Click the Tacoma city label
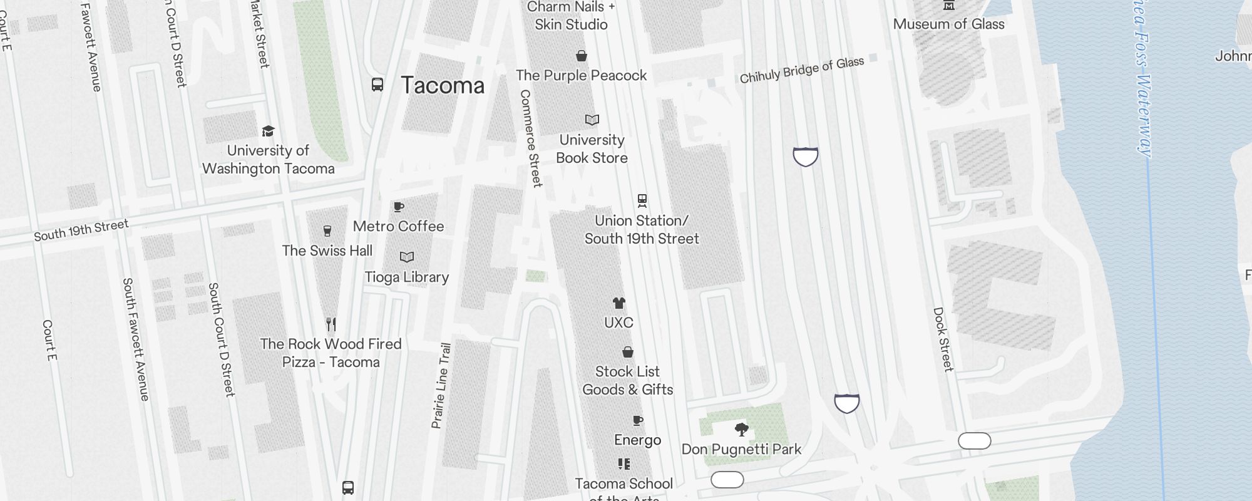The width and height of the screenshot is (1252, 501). tap(443, 86)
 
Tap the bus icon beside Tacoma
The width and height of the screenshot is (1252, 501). tap(377, 85)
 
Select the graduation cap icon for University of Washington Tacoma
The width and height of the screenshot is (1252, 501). tap(268, 131)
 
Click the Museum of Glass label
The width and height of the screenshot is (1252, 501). tap(948, 24)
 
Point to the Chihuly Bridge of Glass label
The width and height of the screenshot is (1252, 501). tap(801, 70)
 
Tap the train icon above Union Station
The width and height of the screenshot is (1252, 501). tap(642, 200)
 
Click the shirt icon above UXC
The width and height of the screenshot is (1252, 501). tap(618, 304)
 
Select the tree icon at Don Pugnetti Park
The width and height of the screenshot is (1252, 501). tap(741, 430)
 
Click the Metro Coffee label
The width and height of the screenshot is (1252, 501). tap(398, 226)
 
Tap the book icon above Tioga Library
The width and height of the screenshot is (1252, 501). tap(407, 257)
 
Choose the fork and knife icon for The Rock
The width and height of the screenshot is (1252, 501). tap(331, 324)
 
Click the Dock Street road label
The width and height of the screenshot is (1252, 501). tap(943, 339)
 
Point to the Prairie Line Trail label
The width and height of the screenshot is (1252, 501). tap(441, 385)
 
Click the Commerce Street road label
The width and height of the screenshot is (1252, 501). tap(530, 138)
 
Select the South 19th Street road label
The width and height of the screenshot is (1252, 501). tap(81, 230)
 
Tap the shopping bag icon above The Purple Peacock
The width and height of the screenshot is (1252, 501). tap(582, 56)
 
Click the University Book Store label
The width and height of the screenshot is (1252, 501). tap(592, 149)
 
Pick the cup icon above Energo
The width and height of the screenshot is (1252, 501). tap(637, 420)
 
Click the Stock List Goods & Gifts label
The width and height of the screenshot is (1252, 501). tap(627, 380)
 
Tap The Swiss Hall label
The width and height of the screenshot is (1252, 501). tap(327, 250)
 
